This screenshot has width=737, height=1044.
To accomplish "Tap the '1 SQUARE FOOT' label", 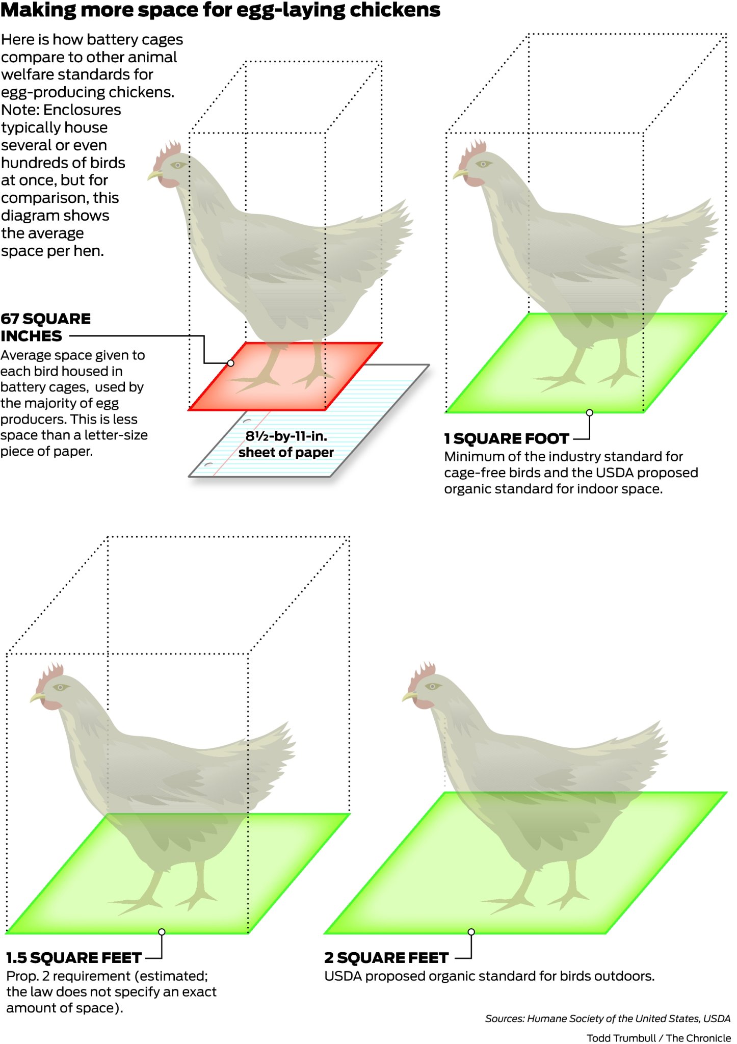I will tap(506, 439).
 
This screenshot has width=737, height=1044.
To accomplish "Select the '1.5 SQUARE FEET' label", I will tap(74, 958).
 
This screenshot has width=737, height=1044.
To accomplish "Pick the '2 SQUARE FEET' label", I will tap(386, 958).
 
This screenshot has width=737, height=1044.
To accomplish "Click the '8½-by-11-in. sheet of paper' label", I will tap(286, 444).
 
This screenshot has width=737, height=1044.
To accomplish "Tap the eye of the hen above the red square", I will tap(178, 166).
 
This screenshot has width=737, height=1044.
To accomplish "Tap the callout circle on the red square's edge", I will tap(230, 363).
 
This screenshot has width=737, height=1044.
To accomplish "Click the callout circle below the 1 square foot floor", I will tap(590, 412).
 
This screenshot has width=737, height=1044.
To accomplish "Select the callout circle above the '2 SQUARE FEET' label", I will tap(471, 932).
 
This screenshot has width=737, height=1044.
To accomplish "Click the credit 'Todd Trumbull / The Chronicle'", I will tap(659, 1038).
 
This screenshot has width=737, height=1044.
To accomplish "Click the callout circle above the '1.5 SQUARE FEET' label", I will tap(162, 932).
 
